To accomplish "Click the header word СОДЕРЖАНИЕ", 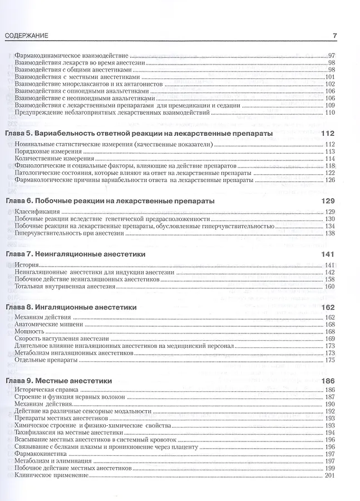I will pyautogui.click(x=26, y=36).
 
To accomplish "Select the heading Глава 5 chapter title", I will pyautogui.click(x=139, y=134).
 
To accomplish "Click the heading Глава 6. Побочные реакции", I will pyautogui.click(x=110, y=201).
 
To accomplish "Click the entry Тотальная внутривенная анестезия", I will pyautogui.click(x=66, y=287).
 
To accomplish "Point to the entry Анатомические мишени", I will pyautogui.click(x=50, y=324).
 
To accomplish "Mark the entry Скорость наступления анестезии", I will pyautogui.click(x=62, y=338).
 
